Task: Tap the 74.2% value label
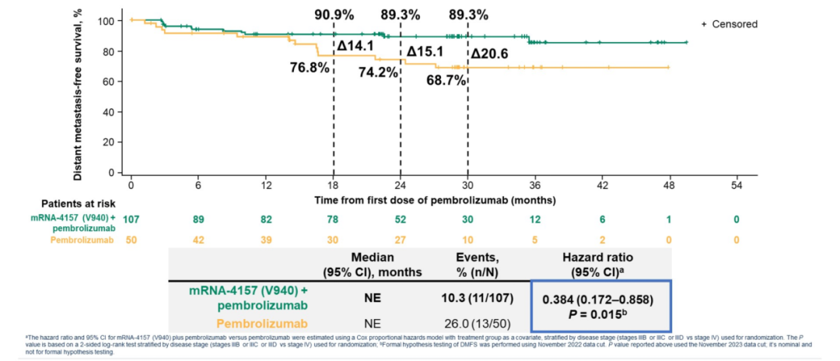[379, 72]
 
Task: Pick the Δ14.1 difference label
[355, 46]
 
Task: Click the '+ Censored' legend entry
[729, 25]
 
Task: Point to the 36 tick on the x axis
[535, 185]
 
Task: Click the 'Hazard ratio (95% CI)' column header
[600, 263]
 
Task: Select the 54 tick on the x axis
[737, 185]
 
